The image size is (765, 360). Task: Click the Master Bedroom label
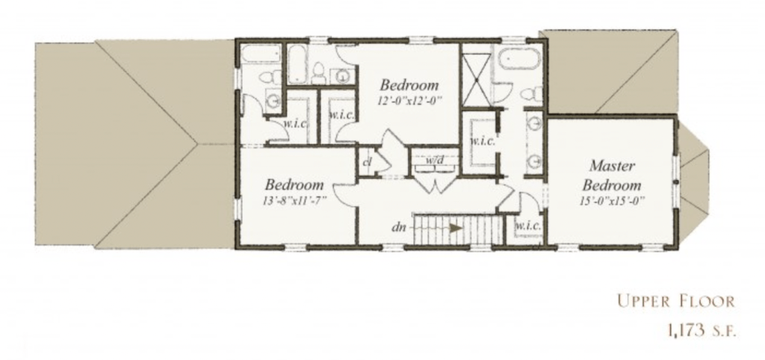pos(612,176)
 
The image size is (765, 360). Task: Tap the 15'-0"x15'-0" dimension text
pos(612,200)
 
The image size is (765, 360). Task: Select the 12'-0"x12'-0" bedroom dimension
pos(409,101)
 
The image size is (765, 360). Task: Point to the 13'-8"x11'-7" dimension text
pos(294,200)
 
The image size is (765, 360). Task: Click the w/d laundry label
pos(434,160)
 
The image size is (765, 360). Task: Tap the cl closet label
pos(368,161)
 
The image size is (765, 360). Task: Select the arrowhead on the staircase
pos(456,228)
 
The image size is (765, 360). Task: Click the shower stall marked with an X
pos(476,79)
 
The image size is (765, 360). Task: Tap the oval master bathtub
pos(520,60)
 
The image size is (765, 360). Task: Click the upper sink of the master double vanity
pos(535,123)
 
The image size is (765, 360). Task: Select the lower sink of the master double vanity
pos(535,161)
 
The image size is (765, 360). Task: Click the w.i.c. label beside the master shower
pos(482,141)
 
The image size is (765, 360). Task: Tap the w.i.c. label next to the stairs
pos(528,226)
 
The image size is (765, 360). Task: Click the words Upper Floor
pos(675,301)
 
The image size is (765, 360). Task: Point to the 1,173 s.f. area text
pos(701,330)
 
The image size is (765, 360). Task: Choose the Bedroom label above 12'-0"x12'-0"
pos(409,85)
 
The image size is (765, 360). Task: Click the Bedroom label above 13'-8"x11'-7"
pos(294,184)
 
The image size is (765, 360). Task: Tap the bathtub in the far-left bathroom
pos(261,54)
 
